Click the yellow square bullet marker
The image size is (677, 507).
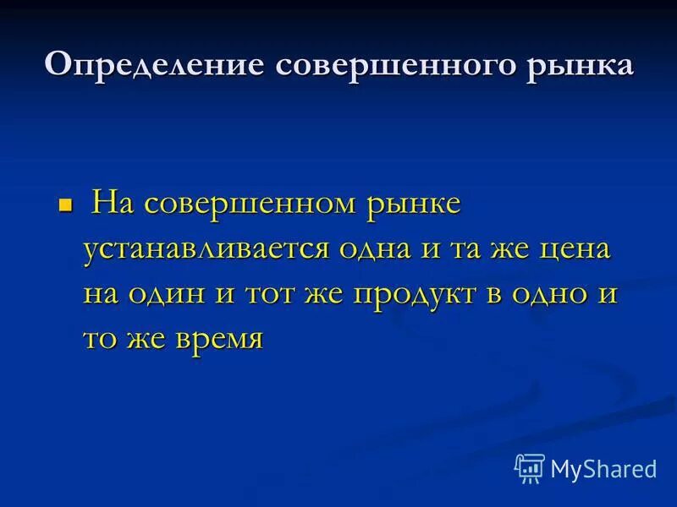tap(64, 205)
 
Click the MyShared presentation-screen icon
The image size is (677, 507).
tap(529, 467)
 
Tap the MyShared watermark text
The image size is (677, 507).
tap(603, 468)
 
